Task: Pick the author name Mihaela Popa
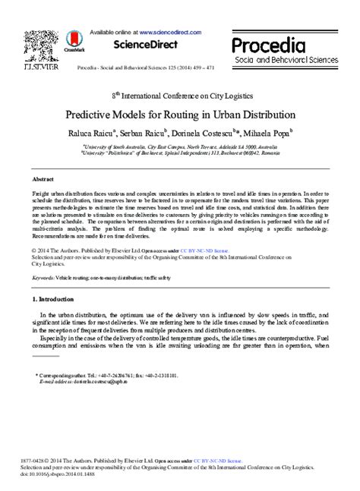268,132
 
